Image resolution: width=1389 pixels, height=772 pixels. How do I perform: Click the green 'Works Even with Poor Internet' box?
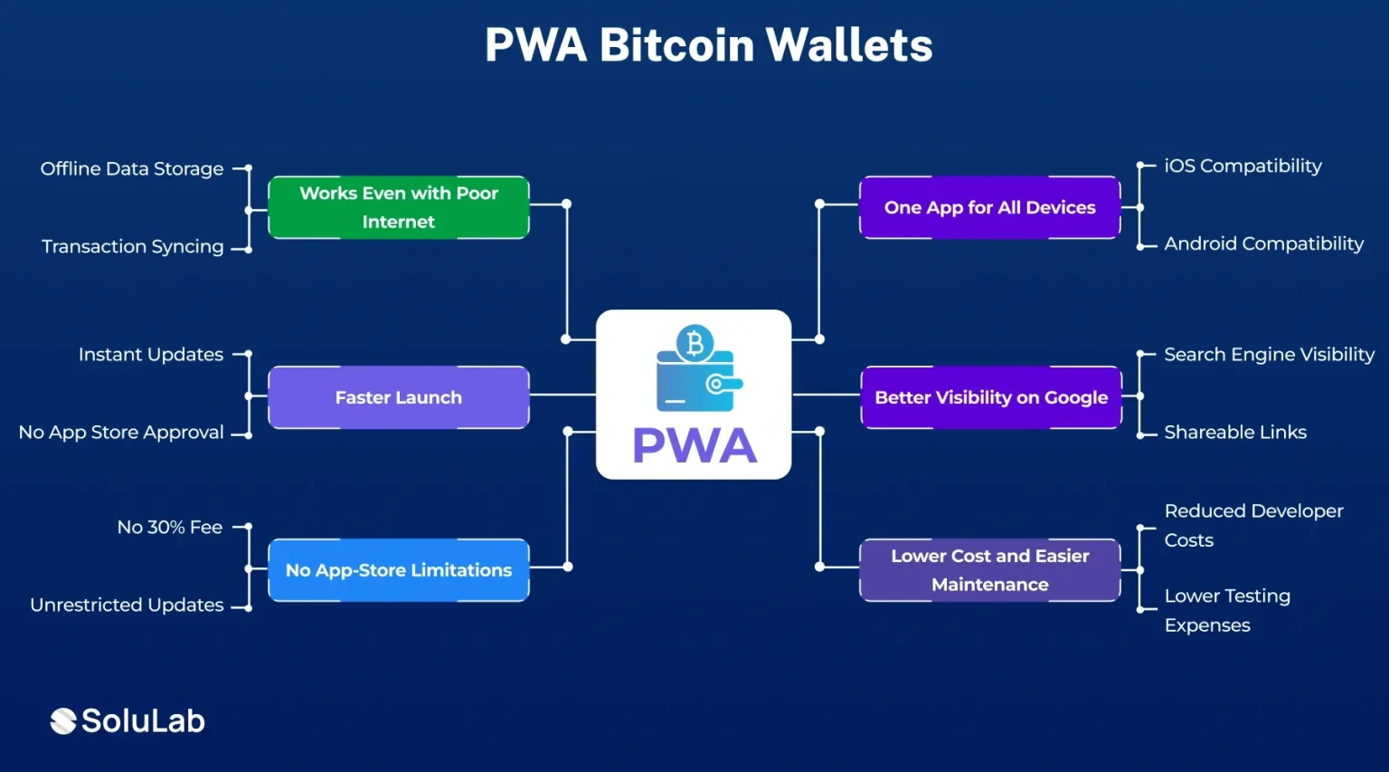click(x=399, y=207)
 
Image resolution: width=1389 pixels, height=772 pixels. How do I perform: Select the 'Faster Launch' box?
click(x=399, y=397)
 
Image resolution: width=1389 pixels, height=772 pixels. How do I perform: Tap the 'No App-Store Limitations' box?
click(x=399, y=570)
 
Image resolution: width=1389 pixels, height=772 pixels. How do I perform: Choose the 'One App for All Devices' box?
click(x=989, y=207)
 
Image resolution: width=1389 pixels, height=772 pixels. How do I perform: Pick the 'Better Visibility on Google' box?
click(x=991, y=397)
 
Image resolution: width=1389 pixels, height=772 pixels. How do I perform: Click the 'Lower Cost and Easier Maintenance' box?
click(x=989, y=570)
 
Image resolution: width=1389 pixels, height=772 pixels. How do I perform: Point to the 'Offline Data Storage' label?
click(x=132, y=169)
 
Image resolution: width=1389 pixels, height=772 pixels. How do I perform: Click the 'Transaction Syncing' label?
click(x=133, y=246)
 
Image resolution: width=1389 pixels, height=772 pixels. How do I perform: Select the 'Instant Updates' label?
click(x=151, y=355)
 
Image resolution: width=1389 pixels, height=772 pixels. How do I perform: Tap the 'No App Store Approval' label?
click(x=121, y=433)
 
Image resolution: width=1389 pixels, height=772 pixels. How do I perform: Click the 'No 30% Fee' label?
click(x=170, y=528)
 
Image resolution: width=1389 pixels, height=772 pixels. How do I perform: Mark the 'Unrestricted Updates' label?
click(x=128, y=605)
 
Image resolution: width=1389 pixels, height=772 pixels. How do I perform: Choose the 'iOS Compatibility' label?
click(x=1243, y=167)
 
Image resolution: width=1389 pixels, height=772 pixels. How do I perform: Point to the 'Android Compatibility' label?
click(x=1263, y=244)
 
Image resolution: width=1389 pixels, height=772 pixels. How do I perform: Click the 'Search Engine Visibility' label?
click(x=1269, y=355)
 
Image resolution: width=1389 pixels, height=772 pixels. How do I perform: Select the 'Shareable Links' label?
click(x=1235, y=433)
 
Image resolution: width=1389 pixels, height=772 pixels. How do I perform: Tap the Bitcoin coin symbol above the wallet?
click(x=694, y=343)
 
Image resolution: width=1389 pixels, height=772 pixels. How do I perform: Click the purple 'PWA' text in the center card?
click(x=694, y=445)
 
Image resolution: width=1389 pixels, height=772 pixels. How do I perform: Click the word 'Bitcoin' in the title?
click(x=676, y=45)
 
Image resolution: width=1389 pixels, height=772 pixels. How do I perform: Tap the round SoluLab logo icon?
click(x=63, y=721)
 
